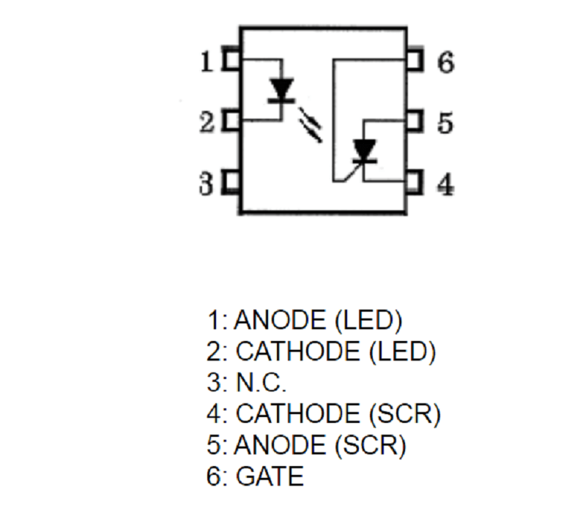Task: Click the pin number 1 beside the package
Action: coord(207,61)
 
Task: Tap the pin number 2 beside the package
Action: coord(207,122)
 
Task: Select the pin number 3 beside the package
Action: coord(207,184)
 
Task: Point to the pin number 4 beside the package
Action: coord(445,184)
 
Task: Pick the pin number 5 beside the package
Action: coord(445,123)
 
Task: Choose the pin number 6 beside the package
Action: coord(446,62)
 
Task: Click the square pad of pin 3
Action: coord(231,182)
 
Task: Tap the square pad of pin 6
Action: coord(415,59)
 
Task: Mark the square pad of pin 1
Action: coord(231,59)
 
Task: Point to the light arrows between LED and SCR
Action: coord(310,124)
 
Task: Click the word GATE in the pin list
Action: coord(270,476)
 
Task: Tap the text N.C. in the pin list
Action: coord(261,382)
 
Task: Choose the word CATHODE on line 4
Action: coord(298,413)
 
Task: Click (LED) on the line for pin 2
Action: coord(402,351)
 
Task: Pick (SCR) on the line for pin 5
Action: coord(371,445)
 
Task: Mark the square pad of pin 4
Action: coord(415,182)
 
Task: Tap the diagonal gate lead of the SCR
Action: coord(353,172)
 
